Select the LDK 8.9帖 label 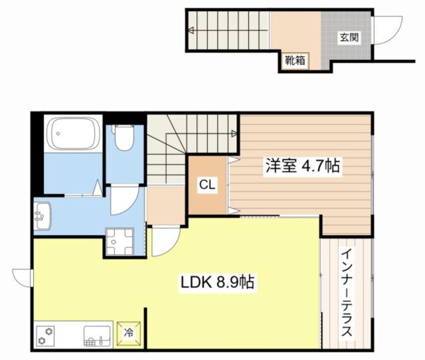(x=217, y=283)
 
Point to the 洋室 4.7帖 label (x=302, y=166)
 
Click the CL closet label (x=207, y=185)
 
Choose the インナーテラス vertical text (x=346, y=294)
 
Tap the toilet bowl (x=123, y=138)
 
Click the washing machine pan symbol (x=119, y=241)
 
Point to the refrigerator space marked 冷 (x=129, y=332)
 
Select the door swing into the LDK (x=163, y=240)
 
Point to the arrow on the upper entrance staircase (x=191, y=31)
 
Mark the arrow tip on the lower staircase (x=235, y=133)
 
